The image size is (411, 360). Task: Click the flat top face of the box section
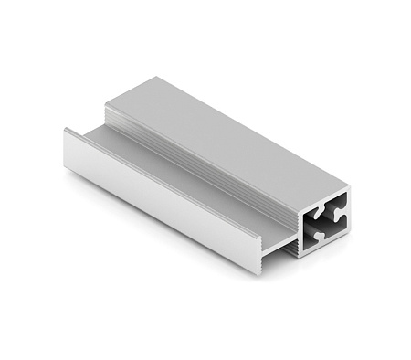228,137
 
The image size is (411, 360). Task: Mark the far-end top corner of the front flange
66,129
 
